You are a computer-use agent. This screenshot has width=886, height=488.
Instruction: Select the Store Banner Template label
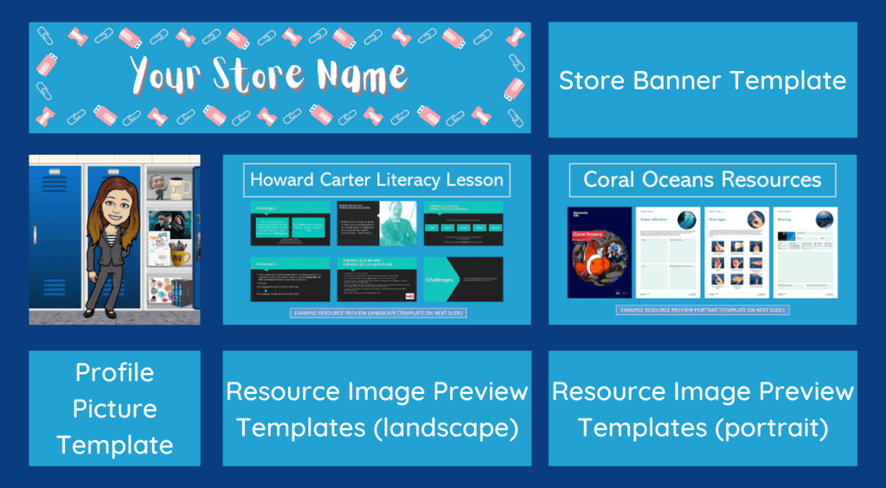click(x=703, y=80)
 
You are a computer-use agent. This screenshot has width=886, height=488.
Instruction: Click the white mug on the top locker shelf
click(x=180, y=187)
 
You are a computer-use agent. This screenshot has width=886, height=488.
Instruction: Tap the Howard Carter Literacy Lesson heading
click(x=376, y=180)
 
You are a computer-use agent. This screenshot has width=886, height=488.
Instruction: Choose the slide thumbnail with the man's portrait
click(x=377, y=224)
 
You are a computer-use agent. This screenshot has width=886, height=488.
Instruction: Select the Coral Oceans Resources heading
click(x=702, y=180)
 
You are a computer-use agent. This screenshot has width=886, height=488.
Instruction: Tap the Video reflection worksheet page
click(x=668, y=253)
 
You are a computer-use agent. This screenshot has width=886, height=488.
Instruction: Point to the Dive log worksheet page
click(x=805, y=253)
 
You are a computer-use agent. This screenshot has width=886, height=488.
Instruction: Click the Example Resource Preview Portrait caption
click(x=702, y=310)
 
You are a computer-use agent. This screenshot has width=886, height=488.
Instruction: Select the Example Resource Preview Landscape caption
click(x=377, y=312)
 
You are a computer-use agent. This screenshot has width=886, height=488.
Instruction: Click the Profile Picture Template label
click(x=114, y=408)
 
